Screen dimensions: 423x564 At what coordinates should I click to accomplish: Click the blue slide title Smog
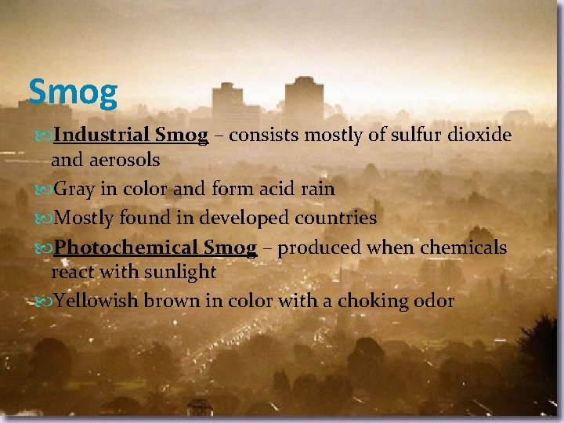point(73,92)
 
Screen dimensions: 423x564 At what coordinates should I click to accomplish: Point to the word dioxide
point(479,136)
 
